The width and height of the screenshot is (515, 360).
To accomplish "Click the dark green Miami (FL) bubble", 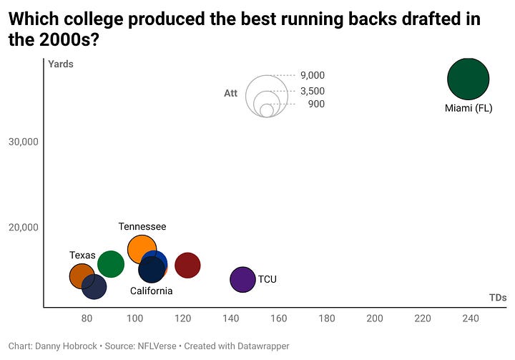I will click(x=468, y=79).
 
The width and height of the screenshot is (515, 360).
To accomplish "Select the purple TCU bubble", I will click(x=243, y=279).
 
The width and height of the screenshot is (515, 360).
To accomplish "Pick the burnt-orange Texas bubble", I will click(x=81, y=276).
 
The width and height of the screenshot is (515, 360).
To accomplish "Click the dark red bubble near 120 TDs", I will click(x=187, y=265).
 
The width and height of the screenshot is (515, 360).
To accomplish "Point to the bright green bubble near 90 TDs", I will click(x=110, y=264).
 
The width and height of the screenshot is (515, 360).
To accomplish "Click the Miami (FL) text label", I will click(x=469, y=109).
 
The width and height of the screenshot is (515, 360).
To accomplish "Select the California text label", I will click(x=151, y=291).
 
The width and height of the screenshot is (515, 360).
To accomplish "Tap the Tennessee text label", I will click(x=142, y=227).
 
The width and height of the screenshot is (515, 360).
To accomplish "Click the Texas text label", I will click(x=82, y=256).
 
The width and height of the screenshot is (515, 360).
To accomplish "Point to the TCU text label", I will click(x=268, y=279).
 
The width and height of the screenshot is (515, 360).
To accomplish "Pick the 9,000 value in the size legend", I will click(x=312, y=75).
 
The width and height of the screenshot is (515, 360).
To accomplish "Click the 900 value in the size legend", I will click(x=316, y=104).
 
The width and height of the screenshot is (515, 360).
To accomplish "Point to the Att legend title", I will click(x=230, y=93).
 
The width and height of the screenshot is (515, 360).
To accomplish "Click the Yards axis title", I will click(x=61, y=64).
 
